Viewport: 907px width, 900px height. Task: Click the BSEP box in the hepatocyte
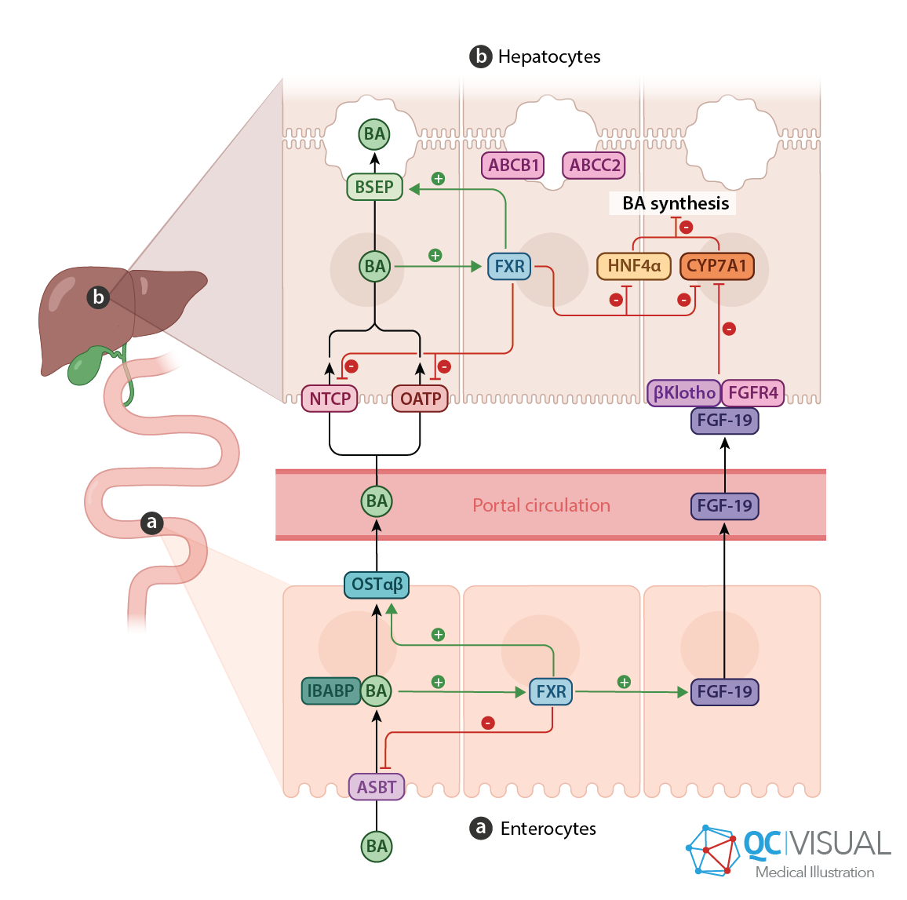374,188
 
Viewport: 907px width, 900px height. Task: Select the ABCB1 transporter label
512,166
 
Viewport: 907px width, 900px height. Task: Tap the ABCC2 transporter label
594,166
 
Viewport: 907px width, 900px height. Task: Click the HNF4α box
634,266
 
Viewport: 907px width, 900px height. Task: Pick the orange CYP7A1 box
716,266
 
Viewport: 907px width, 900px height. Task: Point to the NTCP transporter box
330,399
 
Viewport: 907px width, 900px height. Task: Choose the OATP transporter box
420,399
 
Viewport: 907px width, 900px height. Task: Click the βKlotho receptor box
684,392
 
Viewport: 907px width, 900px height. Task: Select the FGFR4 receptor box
753,392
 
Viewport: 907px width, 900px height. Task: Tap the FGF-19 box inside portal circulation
724,506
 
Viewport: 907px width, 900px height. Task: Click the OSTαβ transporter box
377,585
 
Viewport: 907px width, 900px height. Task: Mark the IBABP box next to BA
330,690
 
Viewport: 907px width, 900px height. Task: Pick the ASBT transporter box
377,787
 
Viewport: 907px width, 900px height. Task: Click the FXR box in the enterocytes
551,692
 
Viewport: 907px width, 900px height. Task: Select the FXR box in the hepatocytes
509,267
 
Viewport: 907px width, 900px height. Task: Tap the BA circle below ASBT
377,847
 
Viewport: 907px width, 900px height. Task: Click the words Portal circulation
541,505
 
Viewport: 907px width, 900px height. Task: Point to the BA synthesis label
675,203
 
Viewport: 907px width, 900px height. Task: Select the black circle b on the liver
98,297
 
